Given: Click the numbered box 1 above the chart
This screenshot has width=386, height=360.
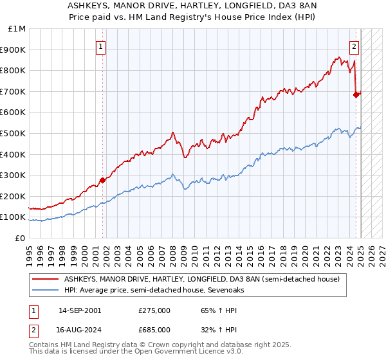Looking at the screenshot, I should tap(102, 46).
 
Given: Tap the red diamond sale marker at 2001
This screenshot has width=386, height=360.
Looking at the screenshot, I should tap(102, 180).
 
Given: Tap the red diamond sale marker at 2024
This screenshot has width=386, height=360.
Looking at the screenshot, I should tap(356, 94).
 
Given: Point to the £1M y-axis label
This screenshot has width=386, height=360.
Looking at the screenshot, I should tap(17, 29).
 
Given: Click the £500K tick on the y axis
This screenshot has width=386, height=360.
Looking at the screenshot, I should tap(14, 134).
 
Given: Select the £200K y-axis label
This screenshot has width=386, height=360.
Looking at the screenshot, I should tap(14, 197).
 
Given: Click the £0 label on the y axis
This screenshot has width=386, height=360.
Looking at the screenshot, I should tap(21, 239).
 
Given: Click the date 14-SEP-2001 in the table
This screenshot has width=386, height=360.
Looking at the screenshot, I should tap(79, 310).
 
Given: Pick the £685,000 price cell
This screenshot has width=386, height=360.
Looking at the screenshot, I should tap(154, 330).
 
